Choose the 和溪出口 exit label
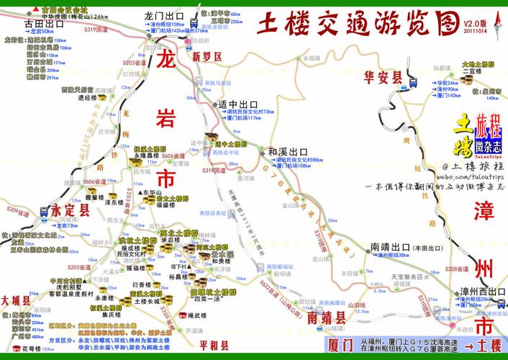(x=287, y=152)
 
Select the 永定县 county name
(x=70, y=210)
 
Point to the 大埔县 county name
(x=14, y=299)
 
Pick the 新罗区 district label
(x=206, y=56)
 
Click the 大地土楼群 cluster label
(x=478, y=64)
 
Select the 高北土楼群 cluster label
(x=178, y=234)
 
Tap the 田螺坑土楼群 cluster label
(x=214, y=293)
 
